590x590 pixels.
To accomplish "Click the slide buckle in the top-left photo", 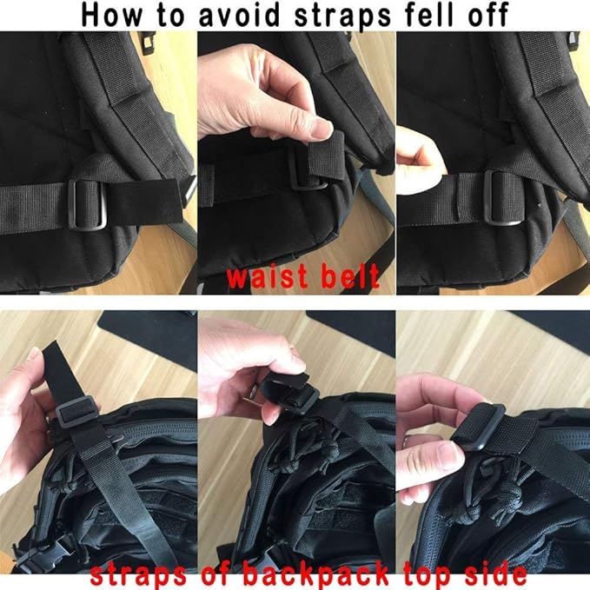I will [86, 202].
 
